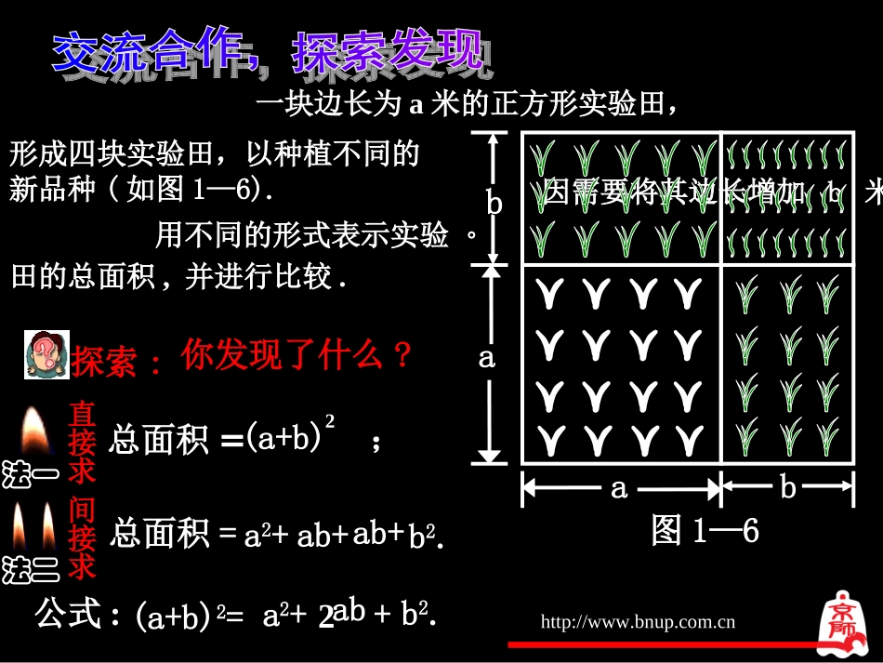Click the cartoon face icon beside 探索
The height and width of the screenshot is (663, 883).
tap(46, 354)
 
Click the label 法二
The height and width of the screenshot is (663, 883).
tap(30, 569)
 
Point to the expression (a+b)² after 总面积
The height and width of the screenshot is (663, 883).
tap(290, 436)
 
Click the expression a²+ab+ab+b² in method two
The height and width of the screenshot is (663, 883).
tap(340, 536)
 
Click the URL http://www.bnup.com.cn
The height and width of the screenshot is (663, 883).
tap(638, 622)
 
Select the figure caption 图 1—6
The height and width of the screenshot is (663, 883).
tap(705, 531)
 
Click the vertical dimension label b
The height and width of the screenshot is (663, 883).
tap(494, 203)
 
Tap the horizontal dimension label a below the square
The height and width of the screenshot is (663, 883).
tap(619, 487)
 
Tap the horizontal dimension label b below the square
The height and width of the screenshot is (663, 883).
tap(788, 487)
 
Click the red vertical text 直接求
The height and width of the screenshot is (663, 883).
tap(83, 442)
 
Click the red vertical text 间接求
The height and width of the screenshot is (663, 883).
tap(83, 537)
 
